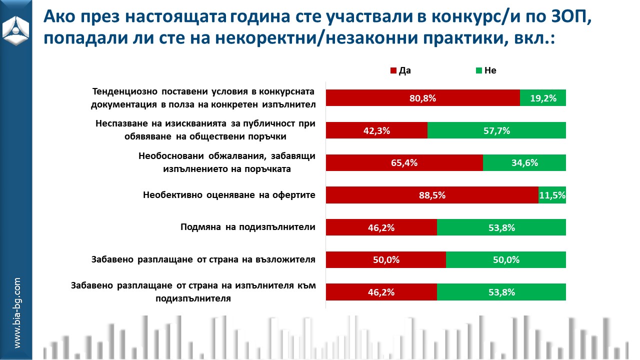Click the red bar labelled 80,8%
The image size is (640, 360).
422,98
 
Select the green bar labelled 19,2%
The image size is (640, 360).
542,98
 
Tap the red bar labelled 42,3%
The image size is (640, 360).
376,130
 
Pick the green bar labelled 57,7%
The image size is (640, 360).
496,130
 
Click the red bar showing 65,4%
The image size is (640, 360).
404,163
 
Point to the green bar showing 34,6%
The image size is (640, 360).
524,163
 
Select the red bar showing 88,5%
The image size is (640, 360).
432,195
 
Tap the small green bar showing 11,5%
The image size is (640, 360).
552,195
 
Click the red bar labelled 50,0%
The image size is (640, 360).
385,260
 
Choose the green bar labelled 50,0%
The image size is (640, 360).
505,260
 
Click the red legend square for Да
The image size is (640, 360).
393,71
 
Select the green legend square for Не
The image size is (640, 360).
479,71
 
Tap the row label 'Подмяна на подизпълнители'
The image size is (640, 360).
247,227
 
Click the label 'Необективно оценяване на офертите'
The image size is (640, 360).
229,194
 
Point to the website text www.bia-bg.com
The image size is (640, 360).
17,313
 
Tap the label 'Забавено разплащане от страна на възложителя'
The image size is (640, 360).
203,259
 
